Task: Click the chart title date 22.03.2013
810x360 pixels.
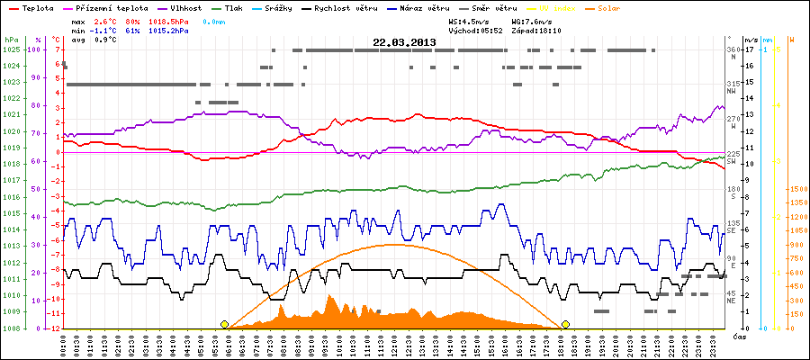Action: point(405,41)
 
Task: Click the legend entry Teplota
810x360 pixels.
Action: point(37,6)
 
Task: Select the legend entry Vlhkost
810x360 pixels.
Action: point(172,6)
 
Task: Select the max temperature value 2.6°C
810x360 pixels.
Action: point(106,19)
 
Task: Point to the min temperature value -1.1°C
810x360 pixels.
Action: point(104,30)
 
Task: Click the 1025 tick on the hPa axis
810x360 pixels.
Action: point(11,49)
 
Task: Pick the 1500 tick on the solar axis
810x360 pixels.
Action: point(798,190)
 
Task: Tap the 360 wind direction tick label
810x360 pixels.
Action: point(734,49)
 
